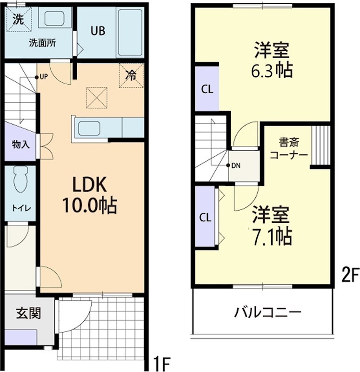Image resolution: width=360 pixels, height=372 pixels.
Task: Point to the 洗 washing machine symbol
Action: tap(18, 20)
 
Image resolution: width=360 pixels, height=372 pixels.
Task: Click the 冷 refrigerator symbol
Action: tap(132, 75)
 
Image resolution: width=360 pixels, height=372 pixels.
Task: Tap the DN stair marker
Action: tap(236, 166)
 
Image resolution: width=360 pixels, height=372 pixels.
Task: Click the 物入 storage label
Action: tap(20, 144)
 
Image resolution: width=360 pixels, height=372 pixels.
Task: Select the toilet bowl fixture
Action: tap(21, 179)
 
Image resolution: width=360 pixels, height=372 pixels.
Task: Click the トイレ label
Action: tap(21, 208)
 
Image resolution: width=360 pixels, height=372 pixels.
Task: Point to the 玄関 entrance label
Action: tap(29, 313)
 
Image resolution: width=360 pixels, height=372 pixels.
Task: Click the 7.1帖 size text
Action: tap(272, 237)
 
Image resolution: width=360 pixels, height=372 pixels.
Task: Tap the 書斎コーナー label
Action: tap(288, 148)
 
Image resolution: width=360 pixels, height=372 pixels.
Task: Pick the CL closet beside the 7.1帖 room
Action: tap(205, 217)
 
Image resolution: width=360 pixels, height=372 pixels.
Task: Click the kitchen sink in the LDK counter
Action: tap(91, 127)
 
